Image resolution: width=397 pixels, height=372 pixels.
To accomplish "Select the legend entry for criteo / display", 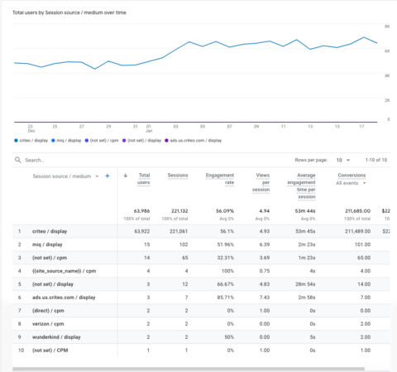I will pos(33,141).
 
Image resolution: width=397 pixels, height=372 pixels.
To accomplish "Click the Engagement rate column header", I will pos(220,180).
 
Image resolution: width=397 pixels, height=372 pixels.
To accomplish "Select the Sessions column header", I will pos(178,176).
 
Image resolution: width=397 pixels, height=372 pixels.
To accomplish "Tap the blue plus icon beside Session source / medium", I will pos(107,176).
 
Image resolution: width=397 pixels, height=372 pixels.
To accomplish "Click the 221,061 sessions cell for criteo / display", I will pos(177,230).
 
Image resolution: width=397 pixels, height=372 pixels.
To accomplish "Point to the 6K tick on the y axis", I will pos(386,51).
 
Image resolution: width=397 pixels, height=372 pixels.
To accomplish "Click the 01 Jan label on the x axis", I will pos(150,128).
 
